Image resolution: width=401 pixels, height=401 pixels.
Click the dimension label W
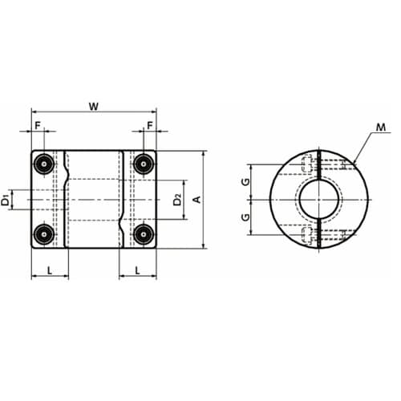pos(94,107)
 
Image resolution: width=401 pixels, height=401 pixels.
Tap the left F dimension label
pos(38,125)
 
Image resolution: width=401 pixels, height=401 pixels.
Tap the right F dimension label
pos(150,125)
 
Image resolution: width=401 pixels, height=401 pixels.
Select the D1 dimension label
pos(6,200)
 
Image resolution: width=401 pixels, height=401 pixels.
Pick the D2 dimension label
pos(177,200)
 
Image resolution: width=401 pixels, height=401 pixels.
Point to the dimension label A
pos(197,200)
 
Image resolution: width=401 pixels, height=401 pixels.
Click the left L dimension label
pos(50,271)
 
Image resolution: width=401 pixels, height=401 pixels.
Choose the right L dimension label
pos(137,271)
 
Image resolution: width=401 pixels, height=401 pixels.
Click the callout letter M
pos(381,128)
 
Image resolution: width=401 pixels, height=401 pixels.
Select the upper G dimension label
pos(245,182)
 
